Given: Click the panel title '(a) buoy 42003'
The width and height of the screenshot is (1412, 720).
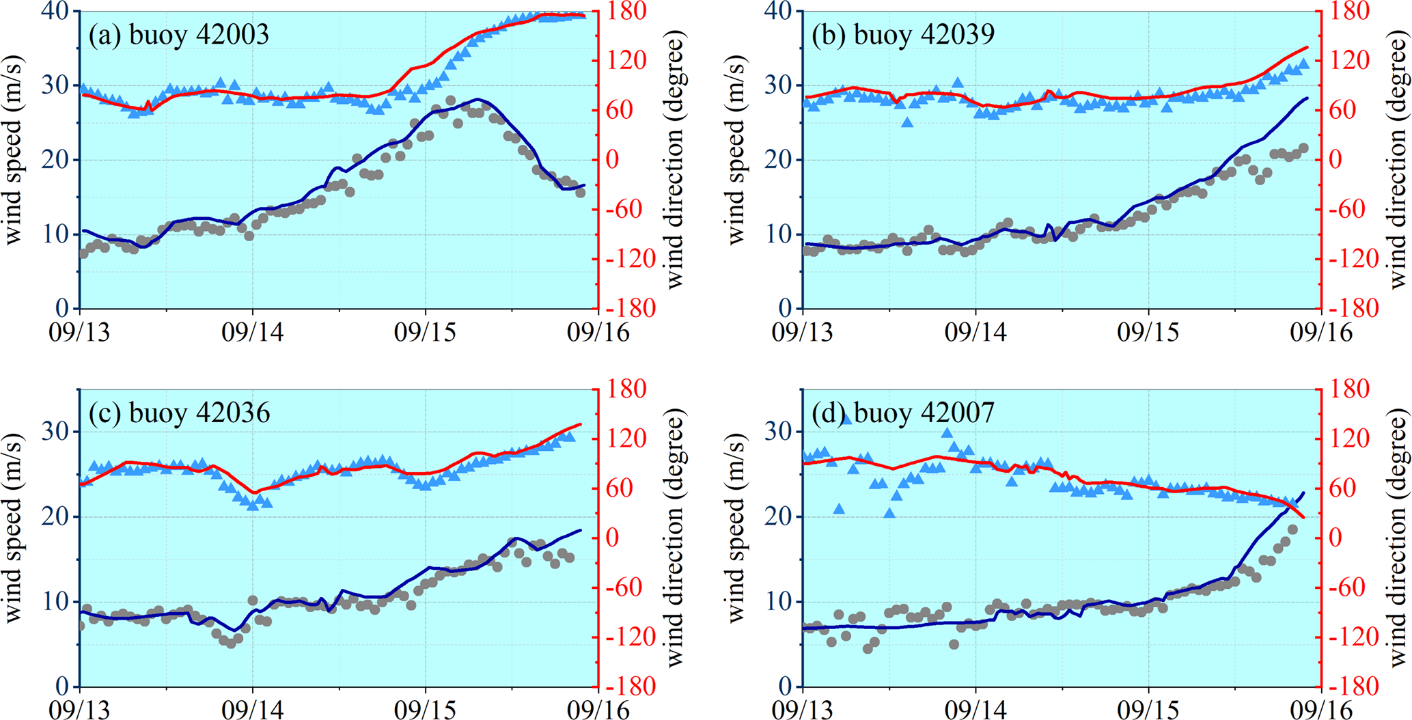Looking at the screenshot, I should [x=179, y=35].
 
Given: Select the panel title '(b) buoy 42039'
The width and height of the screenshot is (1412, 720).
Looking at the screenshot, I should [x=903, y=35].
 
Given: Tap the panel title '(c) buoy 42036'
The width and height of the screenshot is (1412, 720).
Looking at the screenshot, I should [x=179, y=413].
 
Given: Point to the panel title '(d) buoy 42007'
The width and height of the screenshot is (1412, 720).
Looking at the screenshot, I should [x=903, y=413].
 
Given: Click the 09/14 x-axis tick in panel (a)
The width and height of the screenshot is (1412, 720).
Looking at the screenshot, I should [x=253, y=332].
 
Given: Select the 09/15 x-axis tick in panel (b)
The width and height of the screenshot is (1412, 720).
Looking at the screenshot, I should [x=1148, y=332].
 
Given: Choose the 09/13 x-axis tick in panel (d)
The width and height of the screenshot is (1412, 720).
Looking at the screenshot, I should [x=803, y=710].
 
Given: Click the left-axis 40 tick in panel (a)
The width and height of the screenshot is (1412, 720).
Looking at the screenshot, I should [x=57, y=12].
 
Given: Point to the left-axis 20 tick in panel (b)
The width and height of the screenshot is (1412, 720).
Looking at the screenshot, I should [x=781, y=160].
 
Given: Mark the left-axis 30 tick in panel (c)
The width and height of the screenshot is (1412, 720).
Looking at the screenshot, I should [x=57, y=432].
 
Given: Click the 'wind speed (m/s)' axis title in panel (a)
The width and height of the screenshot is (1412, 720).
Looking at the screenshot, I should [x=14, y=160].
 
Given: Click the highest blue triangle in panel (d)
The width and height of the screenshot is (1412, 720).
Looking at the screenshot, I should [x=846, y=419].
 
